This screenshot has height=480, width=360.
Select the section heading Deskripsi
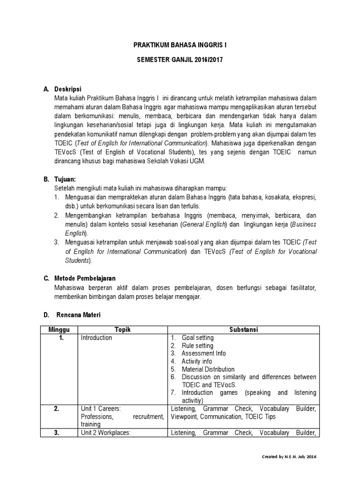coord(68,89)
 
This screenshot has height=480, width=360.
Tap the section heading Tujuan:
coord(66,180)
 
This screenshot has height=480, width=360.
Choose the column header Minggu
coord(59,330)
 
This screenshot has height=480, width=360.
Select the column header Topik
coord(122,330)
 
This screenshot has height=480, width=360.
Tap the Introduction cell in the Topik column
coord(96,337)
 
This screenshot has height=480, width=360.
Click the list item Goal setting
coord(197,337)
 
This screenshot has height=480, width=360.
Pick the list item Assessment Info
coord(203,353)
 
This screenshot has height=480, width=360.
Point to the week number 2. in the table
coord(57,409)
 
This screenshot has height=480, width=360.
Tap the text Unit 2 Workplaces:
coord(105,433)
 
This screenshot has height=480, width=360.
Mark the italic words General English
coord(203,225)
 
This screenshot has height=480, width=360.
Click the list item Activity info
coord(197,361)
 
